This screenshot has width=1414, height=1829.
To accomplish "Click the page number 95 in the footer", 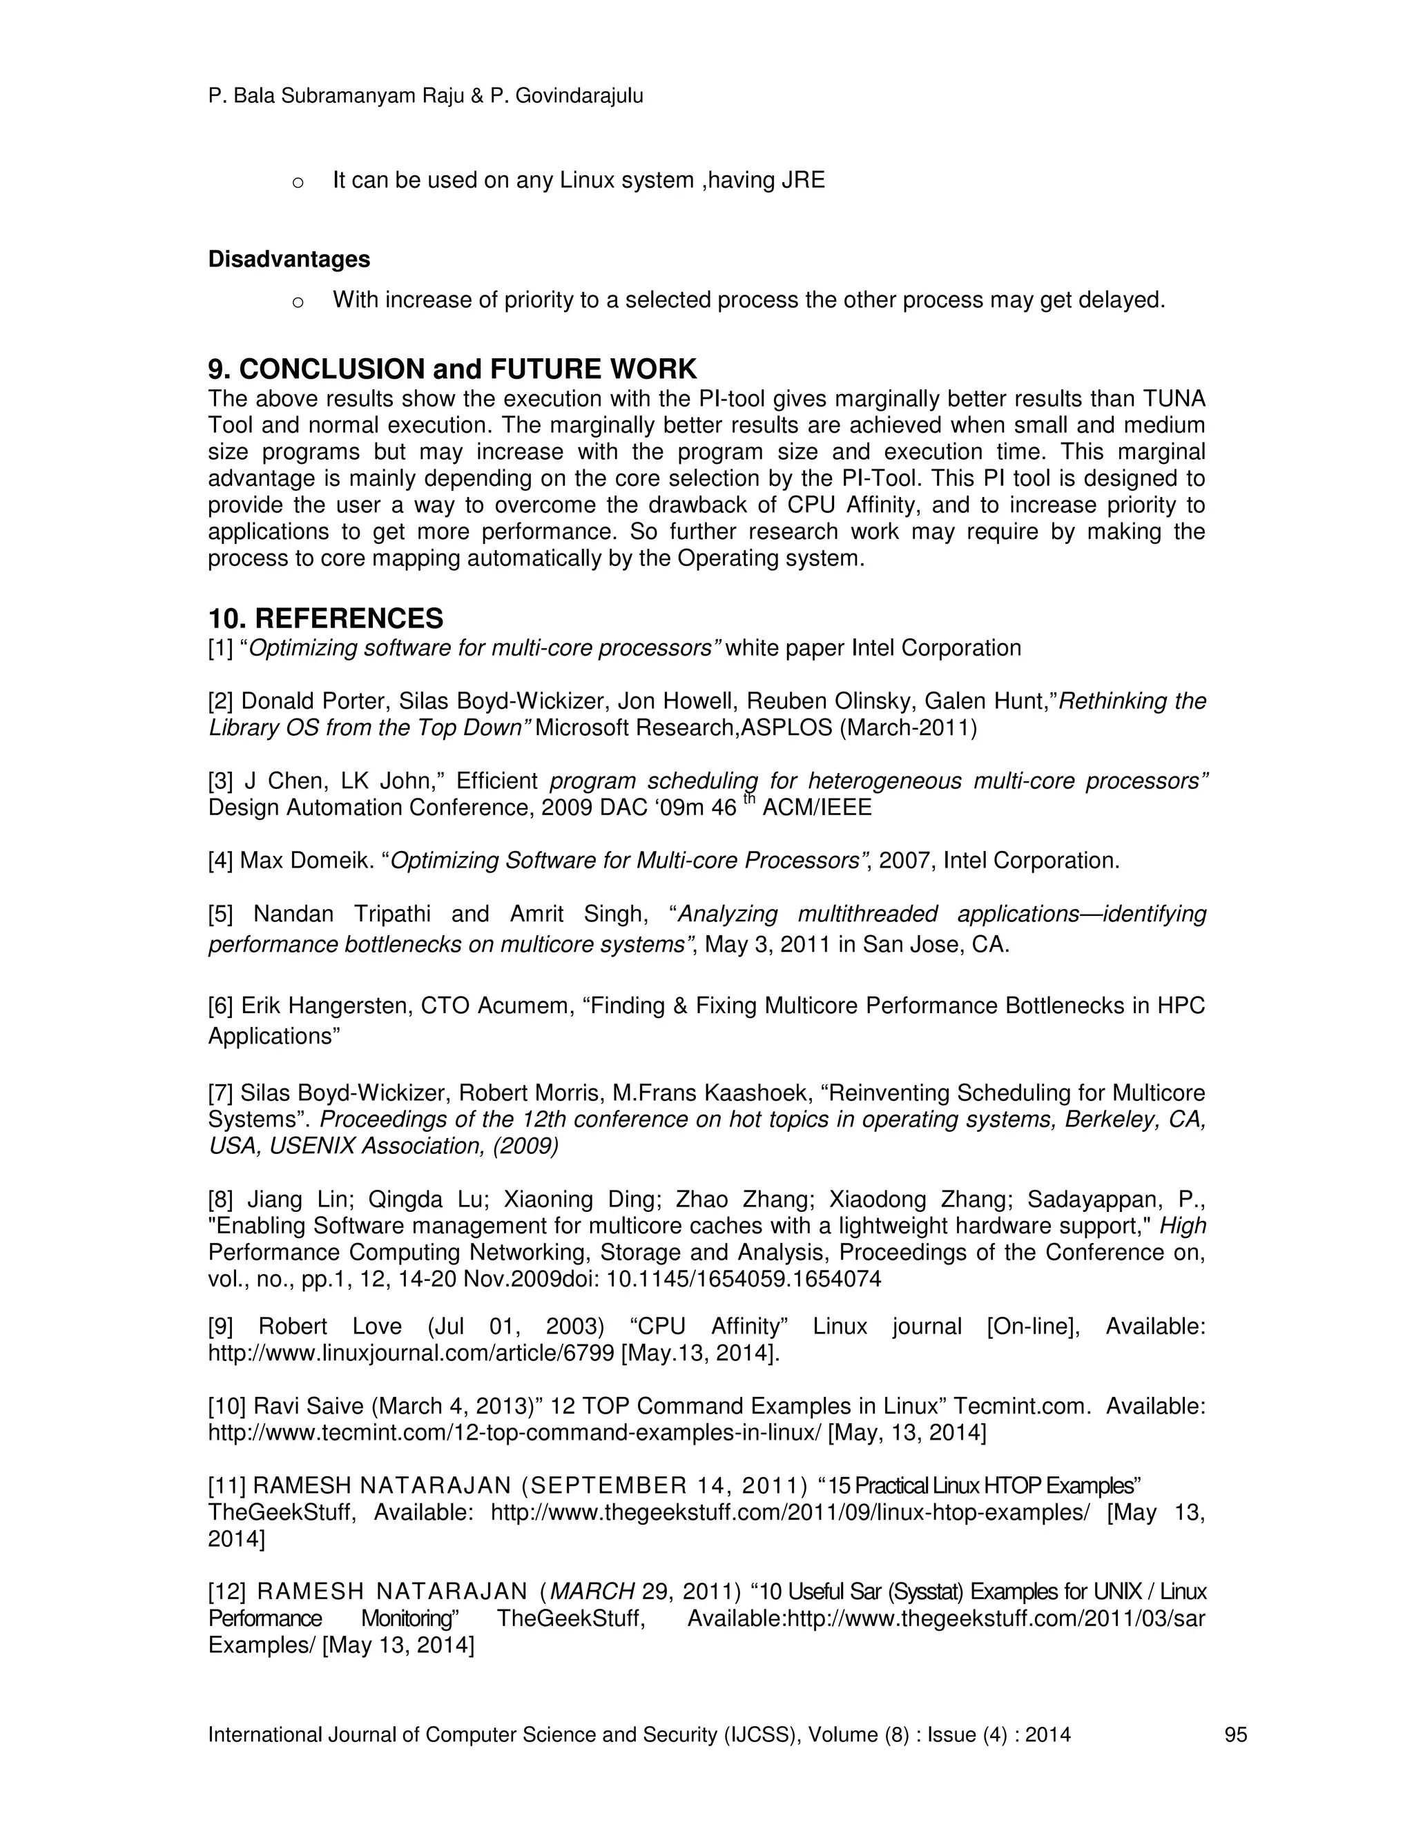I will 1236,1734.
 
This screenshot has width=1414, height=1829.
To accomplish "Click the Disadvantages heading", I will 289,260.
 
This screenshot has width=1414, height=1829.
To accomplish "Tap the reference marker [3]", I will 221,781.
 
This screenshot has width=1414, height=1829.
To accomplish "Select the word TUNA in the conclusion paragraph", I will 1174,399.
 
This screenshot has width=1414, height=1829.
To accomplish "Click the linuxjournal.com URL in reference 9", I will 411,1353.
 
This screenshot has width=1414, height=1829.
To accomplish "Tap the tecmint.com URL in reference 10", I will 514,1433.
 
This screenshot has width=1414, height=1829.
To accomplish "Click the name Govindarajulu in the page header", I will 579,97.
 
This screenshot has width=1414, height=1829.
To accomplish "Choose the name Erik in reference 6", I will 260,1006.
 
